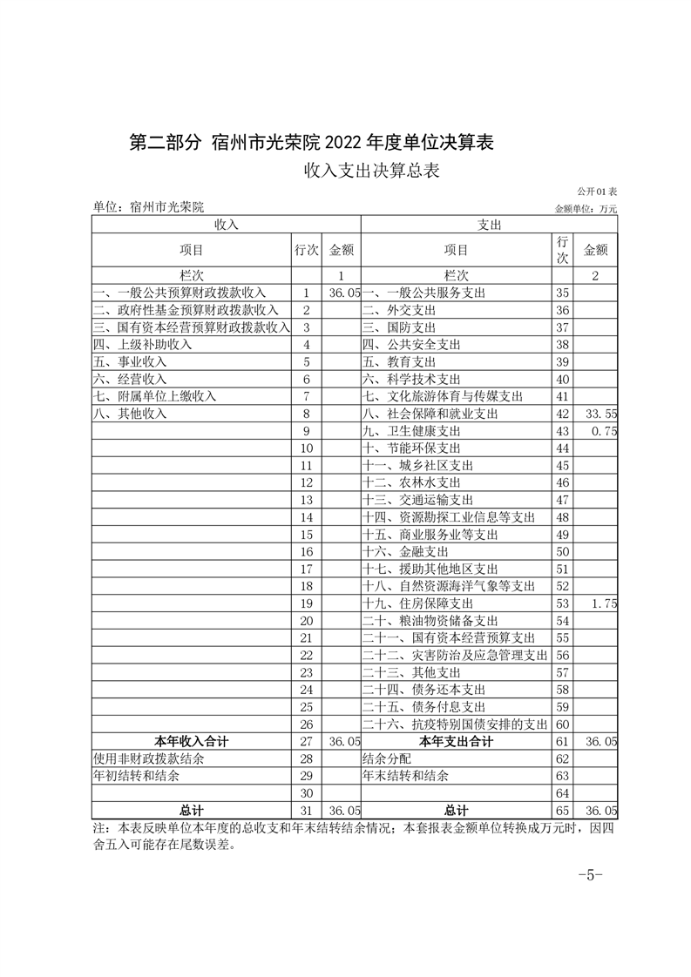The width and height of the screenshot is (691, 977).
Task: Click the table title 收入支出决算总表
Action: point(372,172)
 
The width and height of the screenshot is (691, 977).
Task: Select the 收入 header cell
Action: point(227,225)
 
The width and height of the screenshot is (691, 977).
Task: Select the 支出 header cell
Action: point(489,225)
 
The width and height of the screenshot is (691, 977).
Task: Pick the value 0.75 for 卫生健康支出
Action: point(604,431)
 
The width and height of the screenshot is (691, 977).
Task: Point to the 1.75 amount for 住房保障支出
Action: point(604,603)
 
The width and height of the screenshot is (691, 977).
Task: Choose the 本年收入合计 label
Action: point(192,742)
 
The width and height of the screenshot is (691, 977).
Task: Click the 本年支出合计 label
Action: point(456,742)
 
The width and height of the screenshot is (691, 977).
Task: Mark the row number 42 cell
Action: point(562,414)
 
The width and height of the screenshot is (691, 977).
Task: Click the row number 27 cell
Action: point(306,742)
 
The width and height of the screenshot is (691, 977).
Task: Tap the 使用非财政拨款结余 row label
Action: point(150,758)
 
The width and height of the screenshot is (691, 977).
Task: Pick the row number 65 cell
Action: point(562,811)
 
